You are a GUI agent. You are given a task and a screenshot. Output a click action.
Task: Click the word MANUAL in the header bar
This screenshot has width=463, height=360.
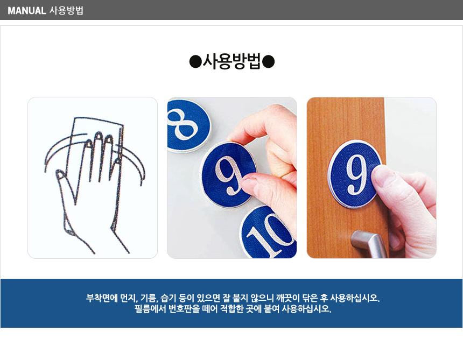[27, 11]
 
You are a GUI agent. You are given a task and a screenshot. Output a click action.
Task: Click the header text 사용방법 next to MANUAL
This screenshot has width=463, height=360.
[66, 11]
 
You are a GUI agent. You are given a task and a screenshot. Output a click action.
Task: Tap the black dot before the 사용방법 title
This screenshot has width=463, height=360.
[195, 62]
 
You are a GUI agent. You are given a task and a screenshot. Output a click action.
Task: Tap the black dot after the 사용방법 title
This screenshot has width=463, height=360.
[269, 62]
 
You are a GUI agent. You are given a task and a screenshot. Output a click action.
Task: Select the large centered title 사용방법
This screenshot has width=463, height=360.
[232, 62]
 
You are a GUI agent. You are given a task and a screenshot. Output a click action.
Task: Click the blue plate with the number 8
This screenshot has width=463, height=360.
[187, 125]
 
